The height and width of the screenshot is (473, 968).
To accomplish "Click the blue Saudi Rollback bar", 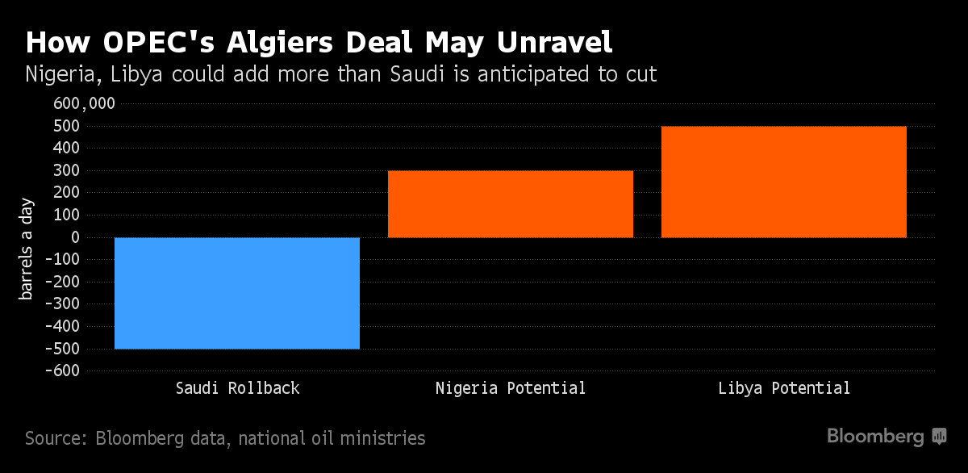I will tap(236, 293).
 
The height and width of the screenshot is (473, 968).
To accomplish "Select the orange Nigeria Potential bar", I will tap(510, 203).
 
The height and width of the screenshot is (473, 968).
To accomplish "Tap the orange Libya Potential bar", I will tap(783, 182).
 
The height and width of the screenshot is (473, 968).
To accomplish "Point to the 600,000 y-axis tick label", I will tap(85, 103).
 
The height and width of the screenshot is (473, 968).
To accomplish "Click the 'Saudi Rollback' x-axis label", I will tap(237, 388).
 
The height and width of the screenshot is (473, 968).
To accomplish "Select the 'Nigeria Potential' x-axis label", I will tap(510, 388).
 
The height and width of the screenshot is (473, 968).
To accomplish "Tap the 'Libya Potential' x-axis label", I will tap(783, 388).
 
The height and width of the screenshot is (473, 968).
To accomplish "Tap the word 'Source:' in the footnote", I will tap(56, 438).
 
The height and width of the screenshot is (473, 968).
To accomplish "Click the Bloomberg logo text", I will tap(875, 437).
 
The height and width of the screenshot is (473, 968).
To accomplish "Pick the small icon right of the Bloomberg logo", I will tap(939, 437).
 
